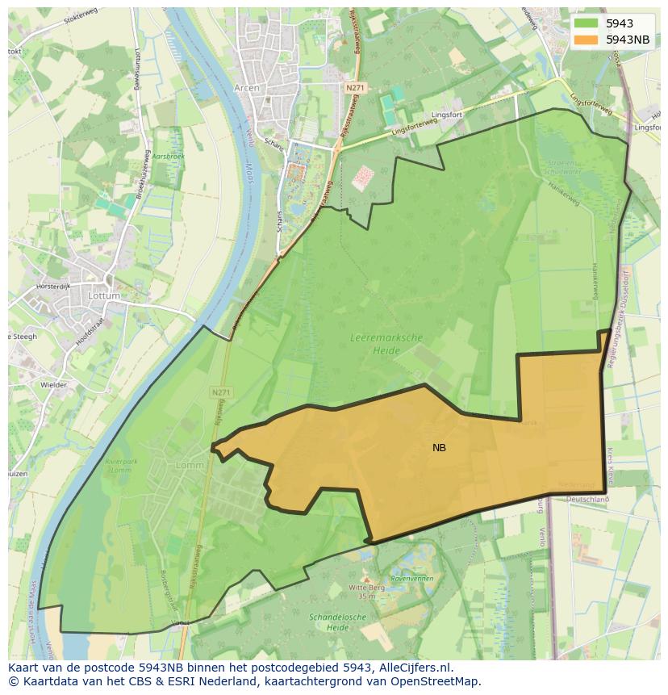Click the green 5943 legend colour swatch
[586, 23]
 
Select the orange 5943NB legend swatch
[586, 40]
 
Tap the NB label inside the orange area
[439, 448]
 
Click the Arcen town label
[246, 87]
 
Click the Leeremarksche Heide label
[386, 345]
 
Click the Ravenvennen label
[412, 579]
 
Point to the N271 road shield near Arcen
[355, 87]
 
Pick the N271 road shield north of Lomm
[221, 392]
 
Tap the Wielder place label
[53, 385]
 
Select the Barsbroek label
[169, 156]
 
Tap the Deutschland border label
[587, 500]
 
